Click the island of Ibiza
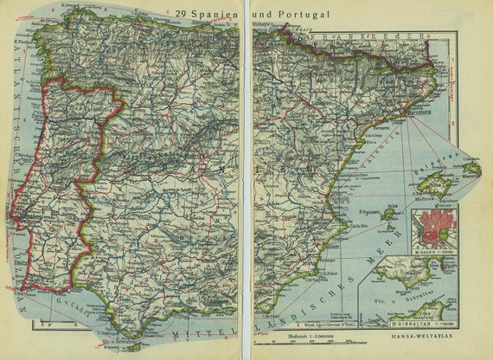pyautogui.click(x=390, y=215)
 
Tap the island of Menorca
pyautogui.click(x=471, y=167)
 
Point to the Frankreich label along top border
pyautogui.click(x=363, y=38)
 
